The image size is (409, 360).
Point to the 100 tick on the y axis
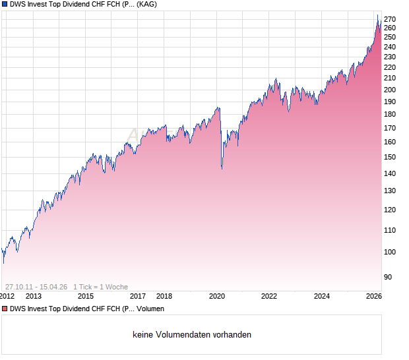point(391,252)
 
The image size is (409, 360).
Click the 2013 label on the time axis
point(34,297)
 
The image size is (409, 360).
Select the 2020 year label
point(217,297)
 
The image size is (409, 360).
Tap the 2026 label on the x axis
point(373,297)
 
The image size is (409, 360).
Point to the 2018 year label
point(164,297)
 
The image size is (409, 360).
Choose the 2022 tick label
point(269,297)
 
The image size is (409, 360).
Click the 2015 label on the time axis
point(86,297)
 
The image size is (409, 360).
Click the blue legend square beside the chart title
point(5,4)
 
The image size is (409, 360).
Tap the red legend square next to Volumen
point(5,309)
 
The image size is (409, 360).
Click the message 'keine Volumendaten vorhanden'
point(192,335)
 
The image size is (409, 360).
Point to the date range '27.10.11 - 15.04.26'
point(36,287)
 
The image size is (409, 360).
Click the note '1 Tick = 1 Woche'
point(101,287)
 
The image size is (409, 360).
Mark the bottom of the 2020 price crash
point(221,169)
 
